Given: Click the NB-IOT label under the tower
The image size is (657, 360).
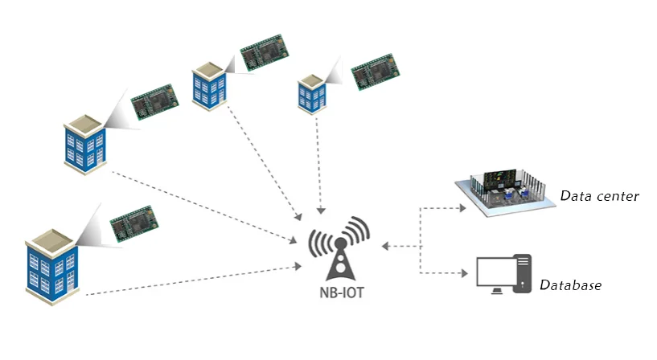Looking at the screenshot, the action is [x=342, y=292].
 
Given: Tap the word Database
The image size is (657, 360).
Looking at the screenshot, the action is [x=570, y=285].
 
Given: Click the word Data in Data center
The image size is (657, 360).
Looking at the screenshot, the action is [x=576, y=195].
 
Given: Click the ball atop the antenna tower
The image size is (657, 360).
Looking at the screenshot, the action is [x=340, y=243].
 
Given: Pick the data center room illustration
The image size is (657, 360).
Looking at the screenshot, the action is [x=506, y=192].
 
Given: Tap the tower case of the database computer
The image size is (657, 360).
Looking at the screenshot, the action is [x=523, y=273].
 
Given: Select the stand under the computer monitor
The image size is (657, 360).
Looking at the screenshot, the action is [x=496, y=291].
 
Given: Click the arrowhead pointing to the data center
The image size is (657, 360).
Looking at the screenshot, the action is [x=462, y=208].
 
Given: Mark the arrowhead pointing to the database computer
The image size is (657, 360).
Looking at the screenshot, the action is [x=464, y=273].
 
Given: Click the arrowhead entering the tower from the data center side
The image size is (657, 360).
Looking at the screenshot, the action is [x=385, y=246].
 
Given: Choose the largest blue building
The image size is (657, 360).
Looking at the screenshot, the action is [x=52, y=267].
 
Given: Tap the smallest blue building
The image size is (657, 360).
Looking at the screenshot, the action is [x=312, y=95].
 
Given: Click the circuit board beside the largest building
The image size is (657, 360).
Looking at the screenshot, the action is [x=134, y=224].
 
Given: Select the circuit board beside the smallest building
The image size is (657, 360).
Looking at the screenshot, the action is [x=375, y=72].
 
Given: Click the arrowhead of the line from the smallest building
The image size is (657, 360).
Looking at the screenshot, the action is [x=321, y=211].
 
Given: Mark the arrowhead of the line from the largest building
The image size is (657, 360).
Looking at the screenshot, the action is [x=298, y=266].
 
